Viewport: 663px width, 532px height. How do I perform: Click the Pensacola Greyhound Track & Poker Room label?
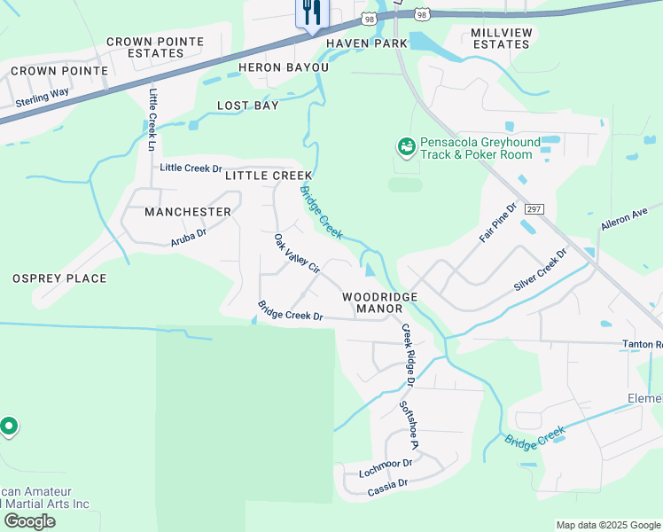coord(477,148)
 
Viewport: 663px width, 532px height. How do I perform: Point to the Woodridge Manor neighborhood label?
coord(380,301)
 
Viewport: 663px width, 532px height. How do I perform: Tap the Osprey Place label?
coord(59,278)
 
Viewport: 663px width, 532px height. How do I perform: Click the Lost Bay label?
coord(248,106)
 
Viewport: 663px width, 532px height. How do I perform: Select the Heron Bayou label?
coord(284,67)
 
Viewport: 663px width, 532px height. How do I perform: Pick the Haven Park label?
coord(367,43)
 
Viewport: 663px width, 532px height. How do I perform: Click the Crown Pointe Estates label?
coord(155,47)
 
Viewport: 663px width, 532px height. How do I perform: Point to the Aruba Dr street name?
coord(189,236)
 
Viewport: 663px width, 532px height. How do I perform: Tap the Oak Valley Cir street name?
coord(296,254)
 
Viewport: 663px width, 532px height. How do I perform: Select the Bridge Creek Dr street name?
coord(290,310)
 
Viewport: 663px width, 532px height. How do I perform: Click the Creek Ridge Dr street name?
coord(408,355)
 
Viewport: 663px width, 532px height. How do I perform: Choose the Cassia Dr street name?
coord(387,484)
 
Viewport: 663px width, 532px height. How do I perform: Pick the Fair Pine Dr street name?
coord(498,223)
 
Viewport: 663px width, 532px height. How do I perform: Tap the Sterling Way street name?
coord(43,98)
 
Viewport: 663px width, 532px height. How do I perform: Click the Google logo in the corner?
coord(29,521)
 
